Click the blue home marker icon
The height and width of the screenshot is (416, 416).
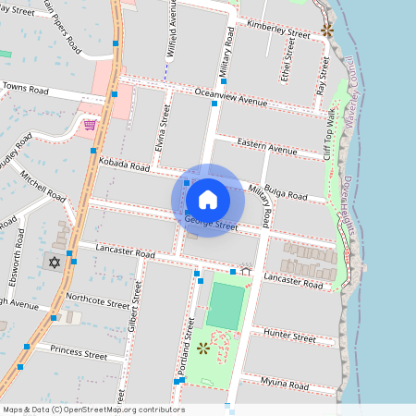[207, 200]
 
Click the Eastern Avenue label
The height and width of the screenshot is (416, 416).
[267, 145]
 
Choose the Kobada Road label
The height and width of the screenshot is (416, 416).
[124, 164]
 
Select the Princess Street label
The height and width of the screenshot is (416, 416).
[79, 351]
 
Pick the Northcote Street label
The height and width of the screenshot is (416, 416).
[98, 300]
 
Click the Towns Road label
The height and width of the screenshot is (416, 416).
[25, 89]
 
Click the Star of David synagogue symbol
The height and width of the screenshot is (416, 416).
[54, 263]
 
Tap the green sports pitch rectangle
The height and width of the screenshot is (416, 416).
[226, 305]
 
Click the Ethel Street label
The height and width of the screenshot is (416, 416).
[287, 67]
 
